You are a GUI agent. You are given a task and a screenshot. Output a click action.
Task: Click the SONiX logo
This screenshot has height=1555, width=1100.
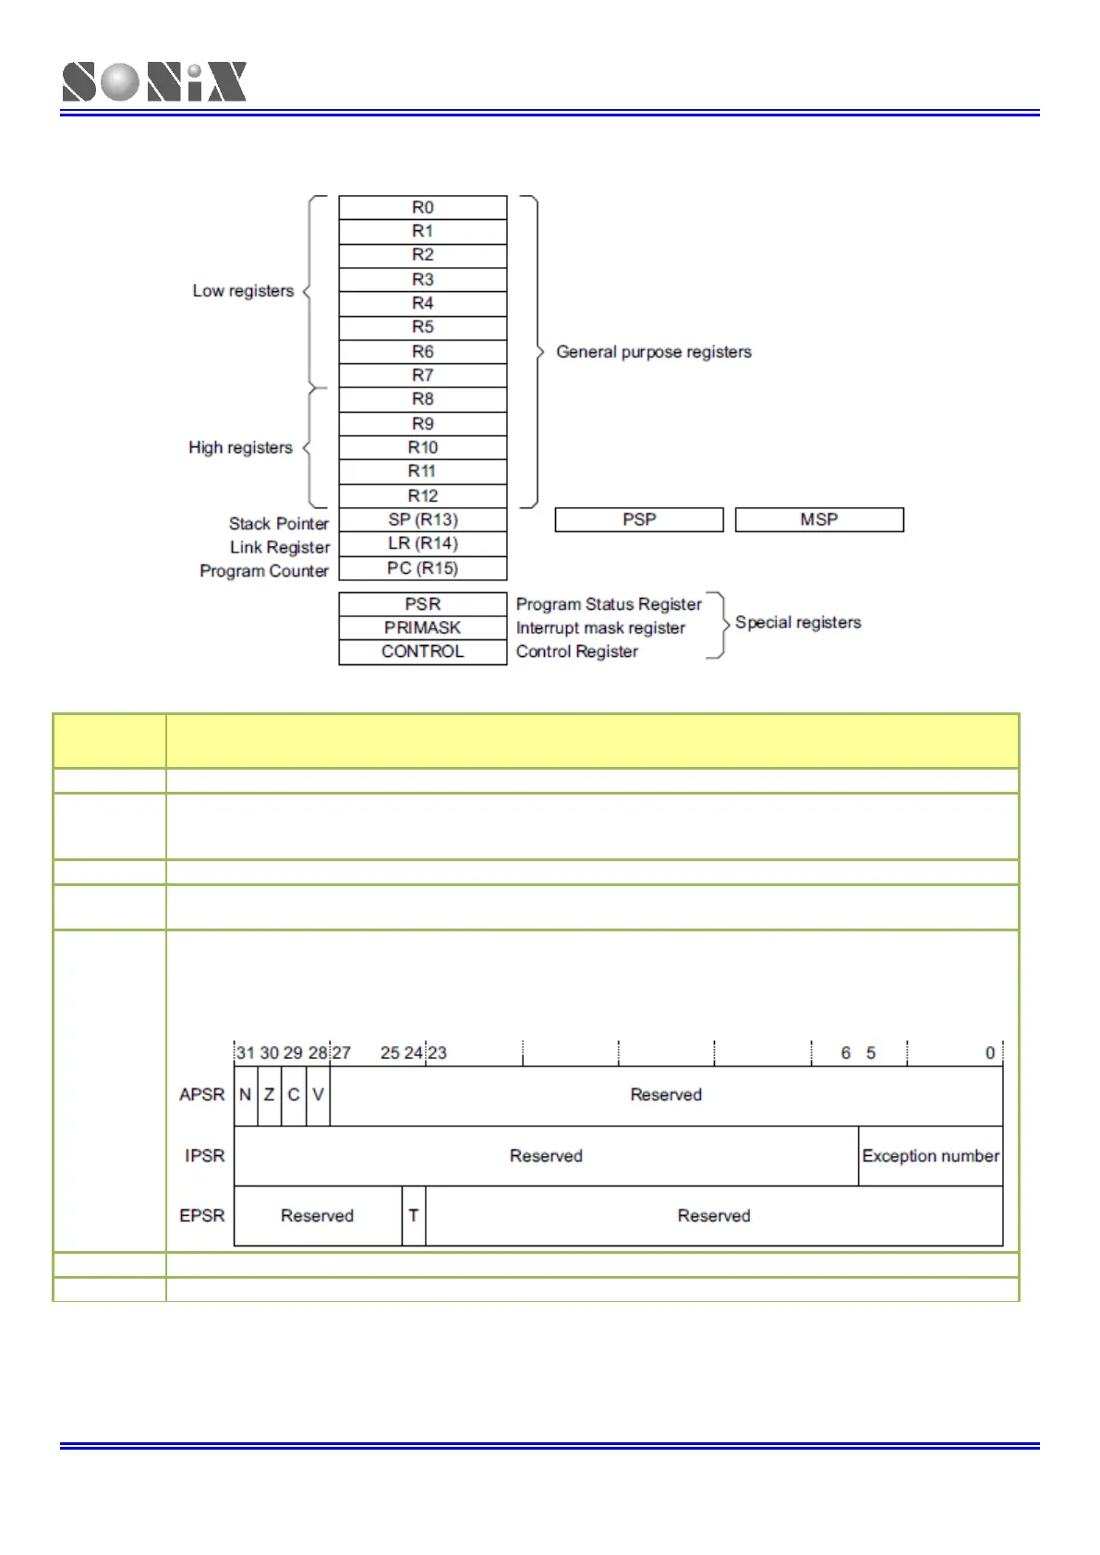[154, 81]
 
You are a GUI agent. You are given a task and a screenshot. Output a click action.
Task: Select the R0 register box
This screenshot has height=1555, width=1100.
[422, 207]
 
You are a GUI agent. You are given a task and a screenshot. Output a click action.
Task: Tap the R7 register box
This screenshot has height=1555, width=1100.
[422, 375]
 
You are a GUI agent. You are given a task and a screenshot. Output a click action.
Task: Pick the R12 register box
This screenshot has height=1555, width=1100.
[422, 495]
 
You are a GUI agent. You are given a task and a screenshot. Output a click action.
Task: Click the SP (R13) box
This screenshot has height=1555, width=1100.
[422, 519]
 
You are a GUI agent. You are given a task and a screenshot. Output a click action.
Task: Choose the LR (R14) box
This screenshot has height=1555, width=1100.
[422, 543]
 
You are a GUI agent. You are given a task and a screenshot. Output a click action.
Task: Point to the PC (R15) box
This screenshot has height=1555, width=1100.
[422, 568]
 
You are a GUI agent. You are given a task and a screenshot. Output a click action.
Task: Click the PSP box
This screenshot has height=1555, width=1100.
[638, 519]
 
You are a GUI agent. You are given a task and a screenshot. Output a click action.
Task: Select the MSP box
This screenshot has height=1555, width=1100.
[818, 519]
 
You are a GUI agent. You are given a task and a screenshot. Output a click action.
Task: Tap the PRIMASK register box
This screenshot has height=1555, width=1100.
[422, 627]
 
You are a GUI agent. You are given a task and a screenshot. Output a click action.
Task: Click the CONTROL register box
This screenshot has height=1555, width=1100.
[422, 651]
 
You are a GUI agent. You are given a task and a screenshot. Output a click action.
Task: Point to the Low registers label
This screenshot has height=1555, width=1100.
[243, 291]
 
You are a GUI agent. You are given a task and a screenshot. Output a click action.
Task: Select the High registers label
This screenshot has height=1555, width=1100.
[240, 447]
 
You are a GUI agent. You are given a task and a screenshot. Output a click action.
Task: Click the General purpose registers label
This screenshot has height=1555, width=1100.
[653, 352]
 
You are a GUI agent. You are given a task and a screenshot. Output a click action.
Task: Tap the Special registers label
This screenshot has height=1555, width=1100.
[798, 623]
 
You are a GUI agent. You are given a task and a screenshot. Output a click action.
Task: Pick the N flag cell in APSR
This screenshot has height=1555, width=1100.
[245, 1095]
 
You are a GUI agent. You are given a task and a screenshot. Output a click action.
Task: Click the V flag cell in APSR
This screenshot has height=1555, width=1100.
[318, 1095]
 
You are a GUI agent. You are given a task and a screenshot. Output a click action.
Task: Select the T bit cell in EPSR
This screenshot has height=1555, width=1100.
[414, 1216]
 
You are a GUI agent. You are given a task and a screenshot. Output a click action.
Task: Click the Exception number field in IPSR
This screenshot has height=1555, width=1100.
[930, 1156]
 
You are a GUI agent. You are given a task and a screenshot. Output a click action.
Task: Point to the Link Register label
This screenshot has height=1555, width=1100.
[280, 547]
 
